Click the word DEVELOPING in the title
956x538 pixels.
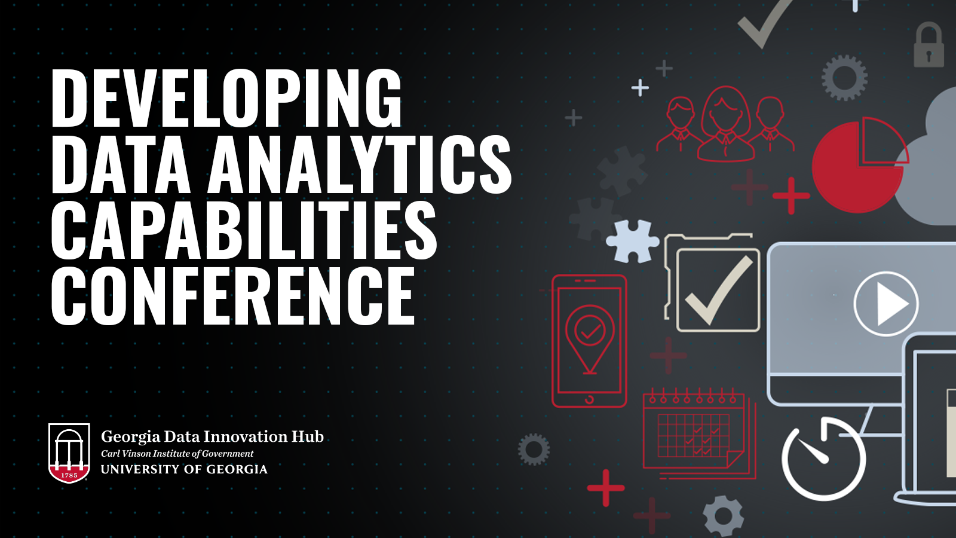pyautogui.click(x=226, y=97)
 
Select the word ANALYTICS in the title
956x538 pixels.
pyautogui.click(x=359, y=164)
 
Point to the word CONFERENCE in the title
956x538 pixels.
pyautogui.click(x=233, y=295)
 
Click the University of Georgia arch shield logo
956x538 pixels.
pyautogui.click(x=69, y=453)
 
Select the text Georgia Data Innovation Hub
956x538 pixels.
pyautogui.click(x=212, y=437)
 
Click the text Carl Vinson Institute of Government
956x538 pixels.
pyautogui.click(x=177, y=454)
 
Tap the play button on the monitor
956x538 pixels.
pyautogui.click(x=886, y=304)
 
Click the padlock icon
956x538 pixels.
pyautogui.click(x=929, y=45)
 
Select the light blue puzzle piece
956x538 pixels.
pyautogui.click(x=633, y=241)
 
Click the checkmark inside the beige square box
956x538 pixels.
pyautogui.click(x=719, y=291)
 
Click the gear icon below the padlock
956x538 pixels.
pyautogui.click(x=844, y=78)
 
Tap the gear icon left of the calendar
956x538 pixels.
pyautogui.click(x=534, y=449)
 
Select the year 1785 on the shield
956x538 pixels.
pyautogui.click(x=69, y=475)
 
